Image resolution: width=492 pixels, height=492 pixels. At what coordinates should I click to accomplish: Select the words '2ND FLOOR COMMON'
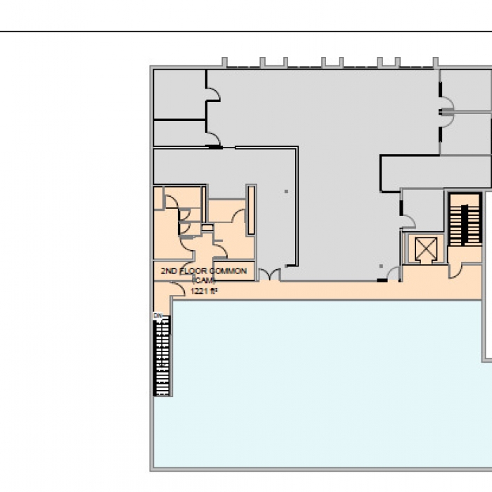204,271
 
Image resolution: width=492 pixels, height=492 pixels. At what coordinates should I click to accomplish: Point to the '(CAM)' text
203,280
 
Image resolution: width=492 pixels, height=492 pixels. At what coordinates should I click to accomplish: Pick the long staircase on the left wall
162,355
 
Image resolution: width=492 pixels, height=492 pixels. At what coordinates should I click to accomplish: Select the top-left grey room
179,93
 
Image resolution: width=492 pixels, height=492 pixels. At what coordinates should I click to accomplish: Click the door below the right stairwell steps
455,270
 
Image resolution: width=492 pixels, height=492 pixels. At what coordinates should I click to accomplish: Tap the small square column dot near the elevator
381,266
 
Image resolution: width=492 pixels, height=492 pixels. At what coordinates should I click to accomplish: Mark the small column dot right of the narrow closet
285,191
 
